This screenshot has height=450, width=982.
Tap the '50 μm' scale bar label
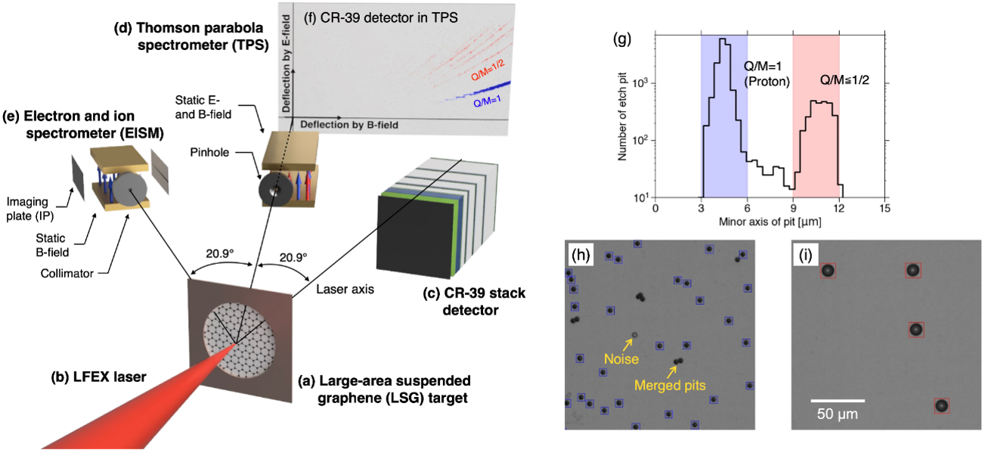point(838,414)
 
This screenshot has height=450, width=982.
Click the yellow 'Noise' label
point(621,359)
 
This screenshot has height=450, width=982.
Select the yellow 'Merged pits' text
point(670,385)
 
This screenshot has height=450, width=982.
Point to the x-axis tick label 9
point(793,208)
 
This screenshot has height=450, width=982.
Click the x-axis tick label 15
point(884,208)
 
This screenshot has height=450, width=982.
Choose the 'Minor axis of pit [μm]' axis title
point(770,222)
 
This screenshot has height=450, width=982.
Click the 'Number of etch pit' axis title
point(621,116)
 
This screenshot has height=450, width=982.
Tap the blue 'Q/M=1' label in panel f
point(487,101)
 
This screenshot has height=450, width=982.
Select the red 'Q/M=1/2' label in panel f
point(488,70)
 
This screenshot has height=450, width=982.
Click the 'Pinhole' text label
point(209,152)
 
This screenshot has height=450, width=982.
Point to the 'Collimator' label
point(67,273)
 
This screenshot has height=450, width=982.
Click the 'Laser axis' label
point(345,289)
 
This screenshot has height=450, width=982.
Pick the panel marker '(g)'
point(621,39)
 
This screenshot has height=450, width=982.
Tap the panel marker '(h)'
point(581,255)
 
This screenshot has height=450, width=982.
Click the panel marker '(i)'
point(805,255)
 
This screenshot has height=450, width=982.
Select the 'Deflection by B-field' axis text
point(349,125)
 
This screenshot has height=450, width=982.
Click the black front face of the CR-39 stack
point(414,237)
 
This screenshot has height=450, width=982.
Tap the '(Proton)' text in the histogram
point(767,82)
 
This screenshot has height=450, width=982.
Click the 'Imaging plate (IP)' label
point(29,209)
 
